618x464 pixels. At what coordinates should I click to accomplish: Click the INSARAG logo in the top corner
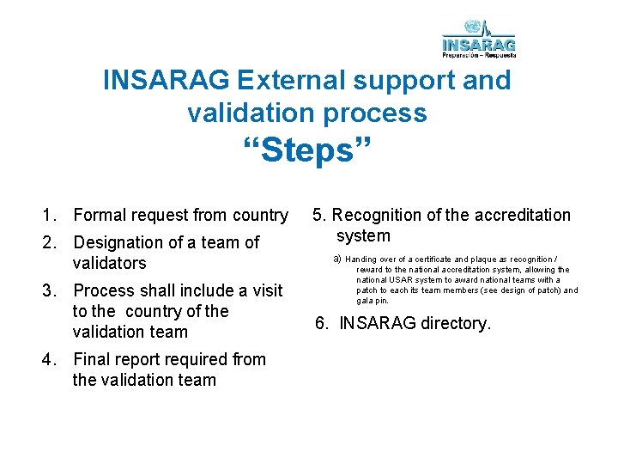[x=479, y=39]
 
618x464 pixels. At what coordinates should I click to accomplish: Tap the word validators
[x=109, y=264]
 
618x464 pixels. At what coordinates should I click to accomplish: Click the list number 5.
[x=318, y=216]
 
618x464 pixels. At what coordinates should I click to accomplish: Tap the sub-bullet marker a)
[x=337, y=259]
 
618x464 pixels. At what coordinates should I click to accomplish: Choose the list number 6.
[x=320, y=324]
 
